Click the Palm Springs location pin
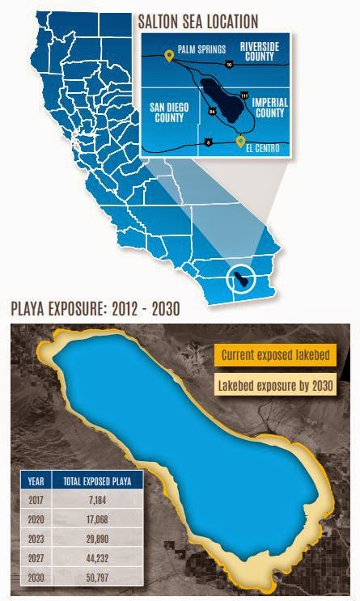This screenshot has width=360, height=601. [169, 56]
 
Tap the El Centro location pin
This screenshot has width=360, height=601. [239, 142]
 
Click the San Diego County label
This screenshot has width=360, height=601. [173, 112]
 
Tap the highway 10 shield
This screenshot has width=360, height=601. [229, 62]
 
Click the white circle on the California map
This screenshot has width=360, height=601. [240, 279]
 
